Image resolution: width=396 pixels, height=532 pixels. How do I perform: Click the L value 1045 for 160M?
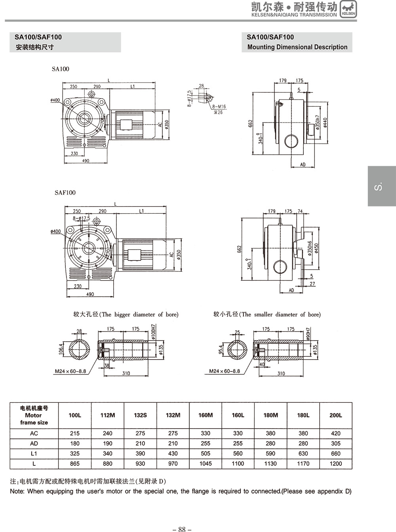[x=206, y=463]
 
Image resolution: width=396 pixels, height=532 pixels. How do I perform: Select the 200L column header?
[x=335, y=415]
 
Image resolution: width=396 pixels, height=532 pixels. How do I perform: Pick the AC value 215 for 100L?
[x=74, y=433]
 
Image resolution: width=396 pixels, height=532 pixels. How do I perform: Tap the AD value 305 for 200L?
[x=335, y=444]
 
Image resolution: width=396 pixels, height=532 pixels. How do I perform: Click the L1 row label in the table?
[x=34, y=454]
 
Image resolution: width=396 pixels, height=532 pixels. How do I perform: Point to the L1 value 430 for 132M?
[x=173, y=454]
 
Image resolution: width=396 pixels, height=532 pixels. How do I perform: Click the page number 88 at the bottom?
[x=182, y=529]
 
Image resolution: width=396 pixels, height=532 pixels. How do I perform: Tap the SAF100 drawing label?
[x=65, y=193]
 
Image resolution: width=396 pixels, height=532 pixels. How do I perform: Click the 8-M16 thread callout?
[x=219, y=107]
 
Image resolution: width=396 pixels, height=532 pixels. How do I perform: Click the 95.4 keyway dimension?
[x=220, y=349]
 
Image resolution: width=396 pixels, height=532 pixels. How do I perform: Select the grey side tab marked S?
[x=381, y=186]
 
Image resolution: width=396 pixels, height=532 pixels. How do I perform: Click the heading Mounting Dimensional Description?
[x=297, y=47]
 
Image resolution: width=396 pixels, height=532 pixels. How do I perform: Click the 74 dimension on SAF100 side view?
[x=300, y=211]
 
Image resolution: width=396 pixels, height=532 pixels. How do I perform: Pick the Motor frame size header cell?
[x=34, y=415]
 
